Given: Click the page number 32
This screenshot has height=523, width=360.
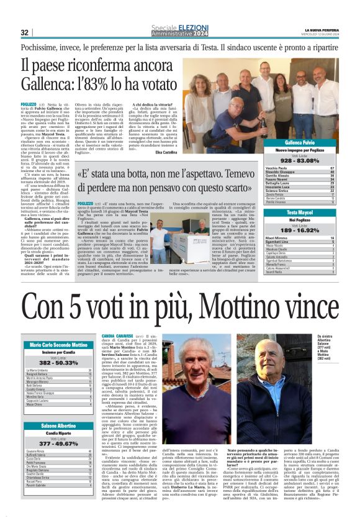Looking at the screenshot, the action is point(25,32).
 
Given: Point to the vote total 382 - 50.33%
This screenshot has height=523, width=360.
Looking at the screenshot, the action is point(57,362).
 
